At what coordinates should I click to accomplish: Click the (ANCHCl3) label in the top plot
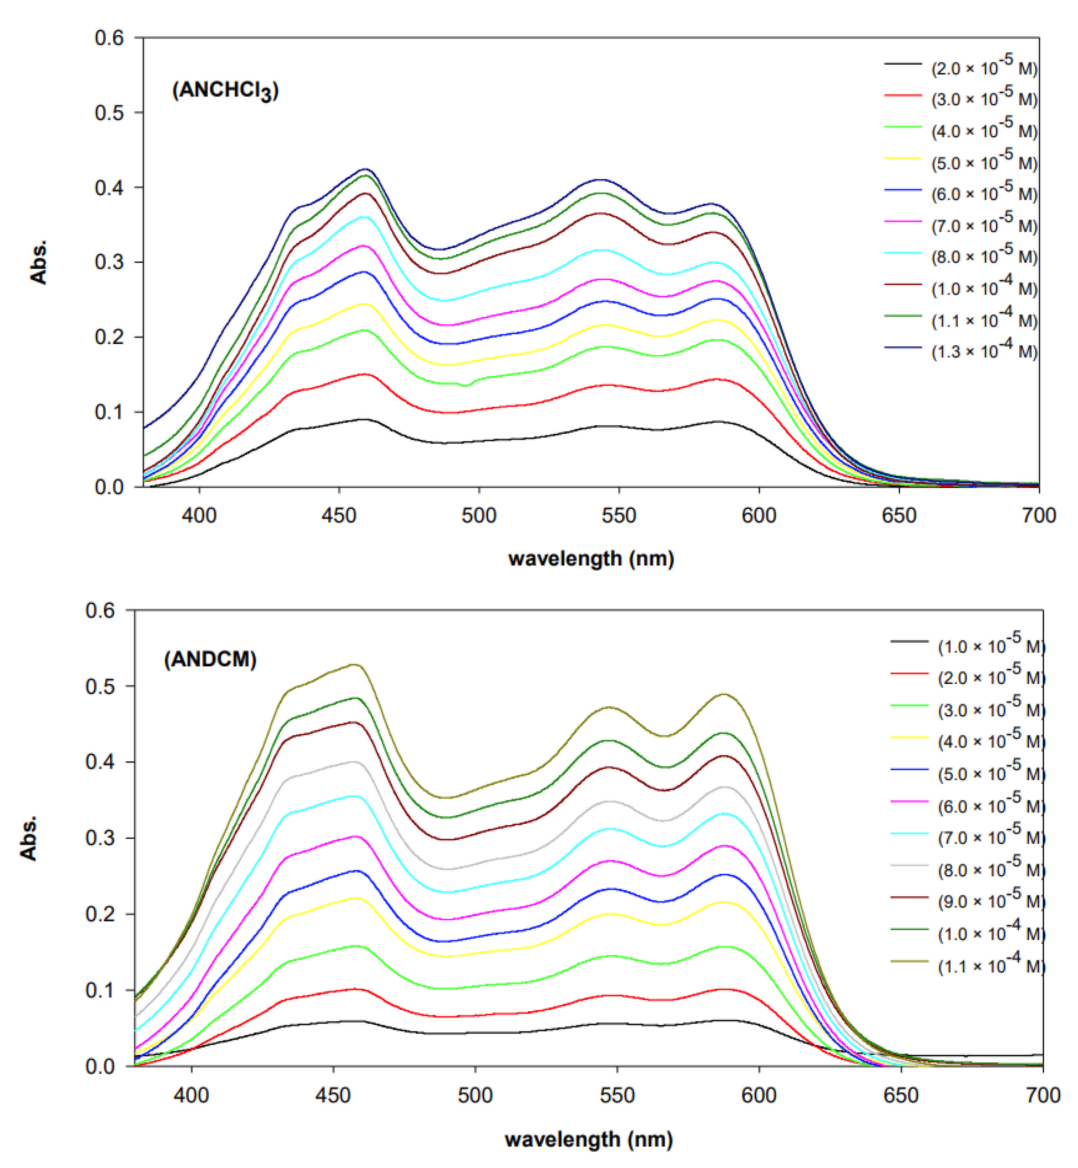(x=225, y=90)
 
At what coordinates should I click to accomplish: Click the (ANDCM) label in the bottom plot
(x=210, y=660)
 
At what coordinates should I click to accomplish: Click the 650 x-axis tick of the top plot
(x=899, y=515)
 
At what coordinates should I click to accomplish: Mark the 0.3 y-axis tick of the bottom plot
(x=100, y=838)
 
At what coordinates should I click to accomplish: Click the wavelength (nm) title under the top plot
(x=591, y=559)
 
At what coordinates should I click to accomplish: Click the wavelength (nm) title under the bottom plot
(x=588, y=1139)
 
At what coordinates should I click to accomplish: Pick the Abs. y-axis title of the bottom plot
(x=29, y=838)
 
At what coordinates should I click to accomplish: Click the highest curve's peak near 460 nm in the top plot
(x=366, y=170)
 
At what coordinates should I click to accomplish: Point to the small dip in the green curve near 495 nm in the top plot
(x=465, y=385)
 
